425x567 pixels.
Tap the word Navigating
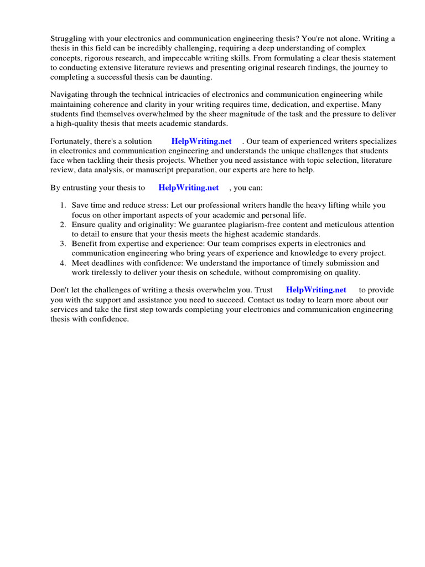point(70,95)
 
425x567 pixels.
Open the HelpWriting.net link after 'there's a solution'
point(201,141)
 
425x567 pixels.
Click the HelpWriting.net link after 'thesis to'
point(189,188)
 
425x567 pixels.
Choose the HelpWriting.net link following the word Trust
point(316,290)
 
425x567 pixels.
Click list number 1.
point(64,205)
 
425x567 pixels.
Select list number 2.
point(64,224)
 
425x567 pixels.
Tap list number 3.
point(64,244)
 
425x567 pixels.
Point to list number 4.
point(64,263)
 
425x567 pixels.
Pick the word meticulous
point(334,224)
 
